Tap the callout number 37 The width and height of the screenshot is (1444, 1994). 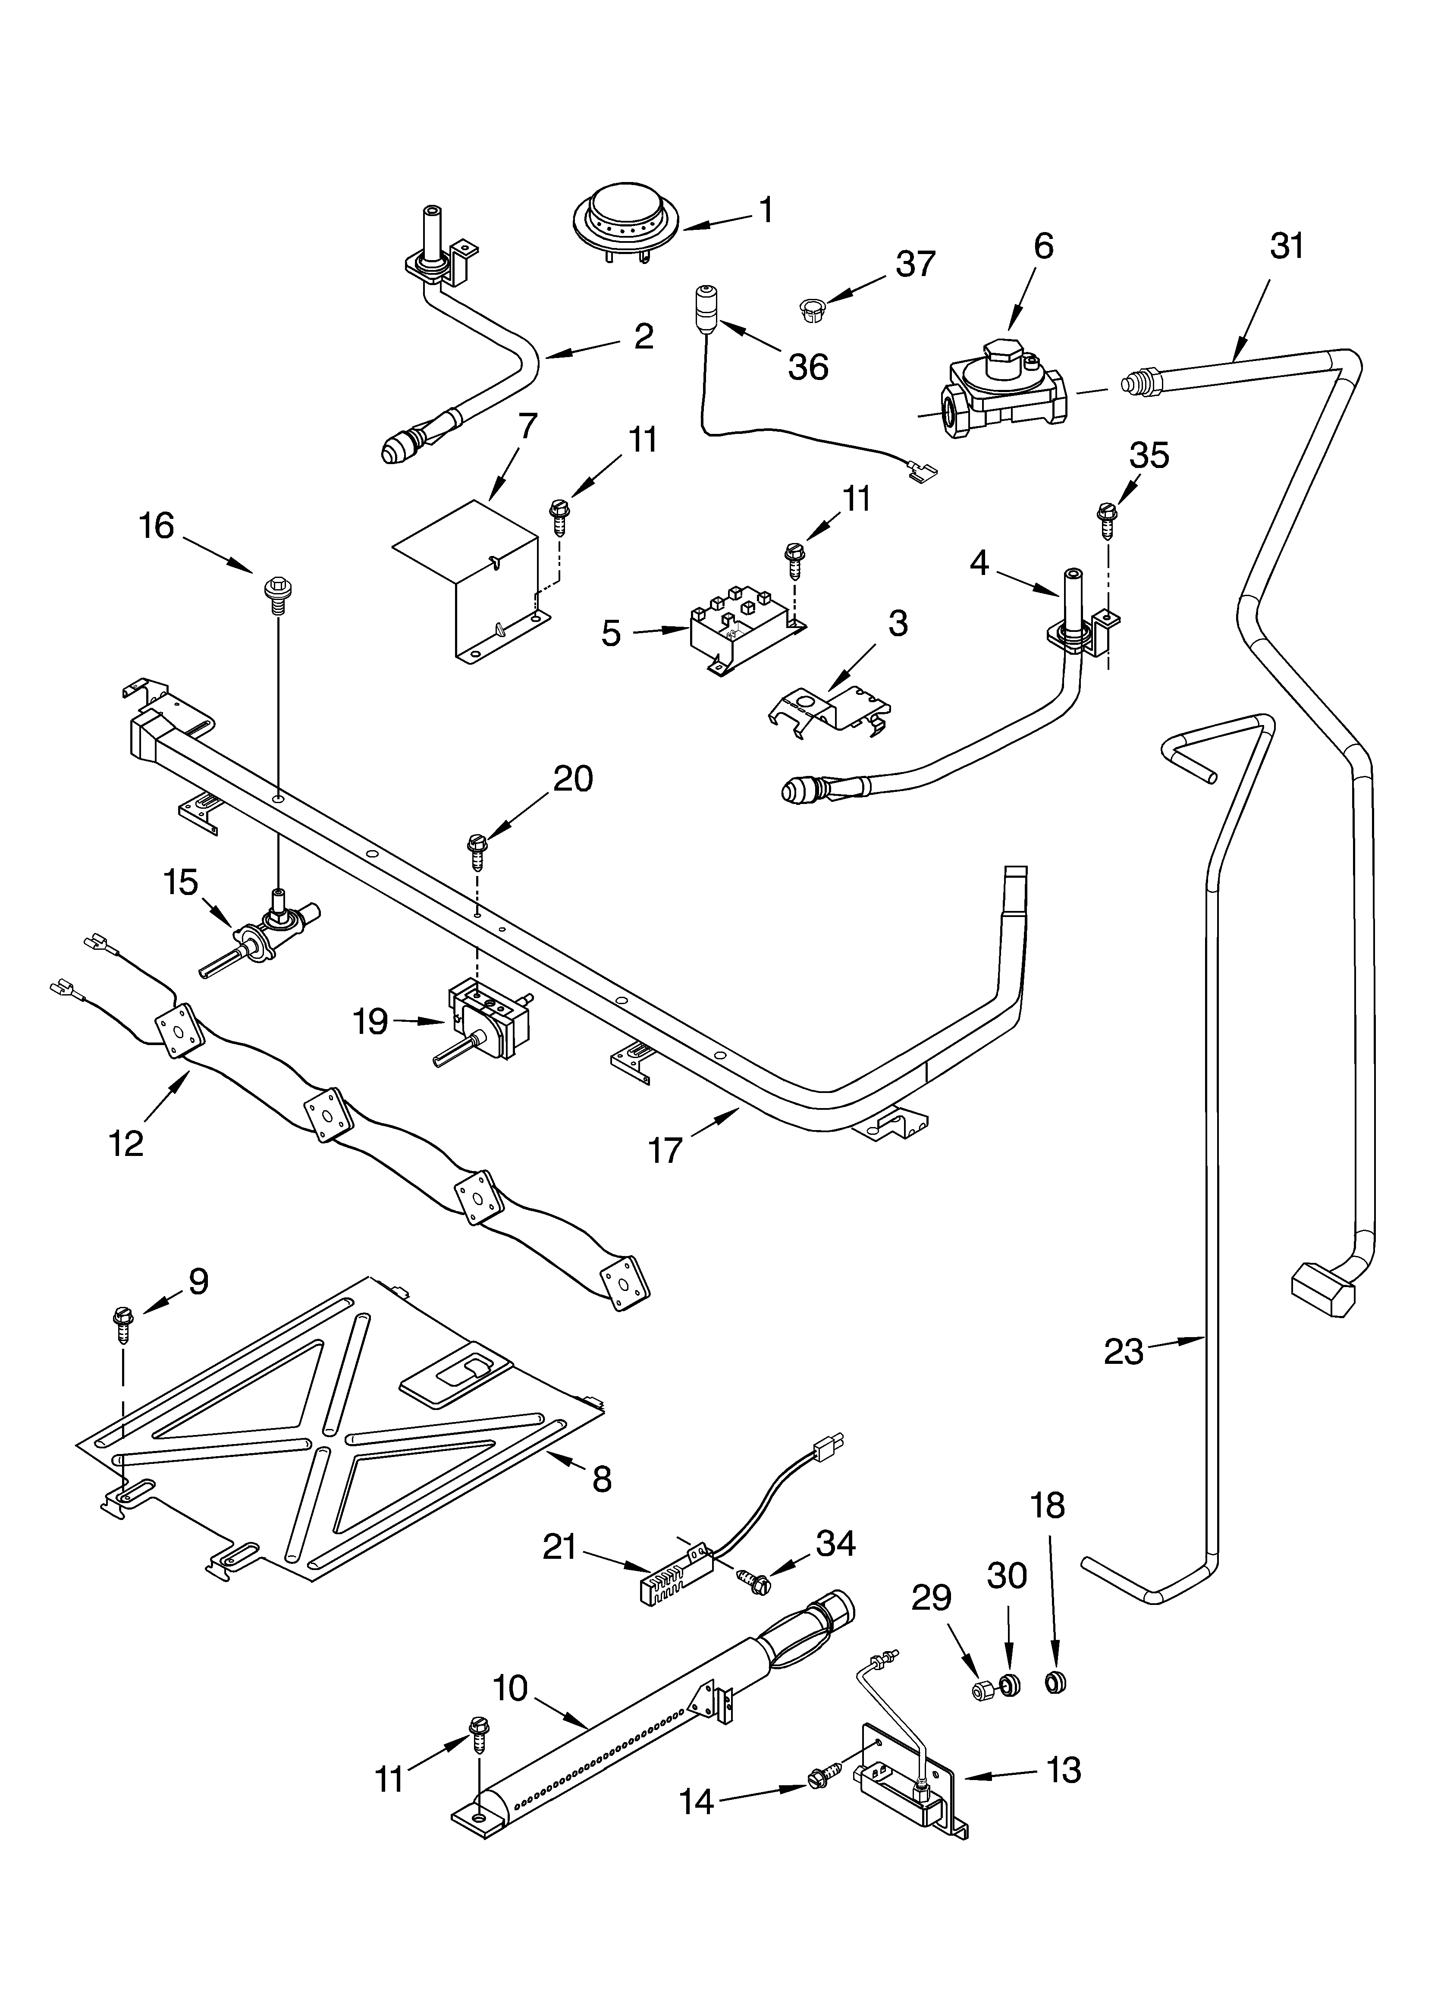(916, 264)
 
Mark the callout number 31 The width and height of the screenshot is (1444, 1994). (1287, 247)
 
